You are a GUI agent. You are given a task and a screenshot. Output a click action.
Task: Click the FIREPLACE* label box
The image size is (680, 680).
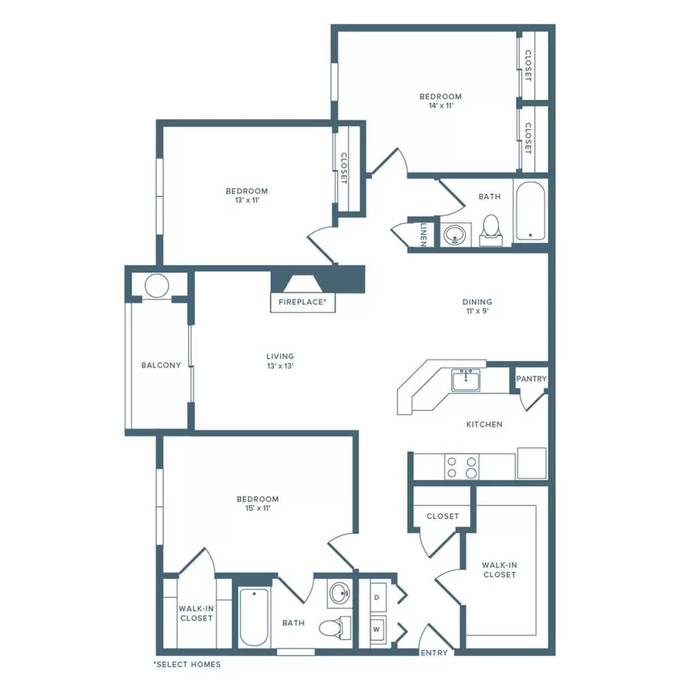pos(303,303)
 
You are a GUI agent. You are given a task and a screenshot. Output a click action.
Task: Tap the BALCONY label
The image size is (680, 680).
pos(161,365)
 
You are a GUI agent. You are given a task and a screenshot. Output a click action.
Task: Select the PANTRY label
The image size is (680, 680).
pos(531,379)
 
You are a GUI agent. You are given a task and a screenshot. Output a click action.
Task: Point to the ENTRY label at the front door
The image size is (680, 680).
pos(434,653)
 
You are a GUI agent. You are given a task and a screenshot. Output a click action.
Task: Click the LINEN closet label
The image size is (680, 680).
pos(424,235)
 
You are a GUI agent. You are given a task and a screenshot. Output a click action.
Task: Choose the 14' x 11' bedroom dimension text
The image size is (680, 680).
pos(441,105)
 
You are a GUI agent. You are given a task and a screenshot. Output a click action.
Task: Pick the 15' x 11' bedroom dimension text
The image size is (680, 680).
pos(258,508)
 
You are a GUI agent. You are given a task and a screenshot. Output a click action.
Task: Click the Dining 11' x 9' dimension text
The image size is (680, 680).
pos(477,311)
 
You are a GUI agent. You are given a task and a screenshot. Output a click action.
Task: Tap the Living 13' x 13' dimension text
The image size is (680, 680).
pos(281,366)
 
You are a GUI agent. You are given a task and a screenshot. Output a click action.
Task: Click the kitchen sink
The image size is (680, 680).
pos(466,380)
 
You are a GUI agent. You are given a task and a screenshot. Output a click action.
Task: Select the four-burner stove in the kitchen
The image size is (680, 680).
pos(462,467)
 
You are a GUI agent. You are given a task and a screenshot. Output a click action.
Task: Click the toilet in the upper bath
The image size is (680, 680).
pos(492,231)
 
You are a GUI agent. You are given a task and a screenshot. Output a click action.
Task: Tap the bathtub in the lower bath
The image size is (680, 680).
pos(254,617)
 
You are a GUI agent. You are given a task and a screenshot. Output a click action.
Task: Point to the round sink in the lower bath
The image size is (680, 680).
pos(341,592)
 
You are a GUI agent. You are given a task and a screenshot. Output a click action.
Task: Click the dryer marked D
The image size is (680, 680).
pos(377,597)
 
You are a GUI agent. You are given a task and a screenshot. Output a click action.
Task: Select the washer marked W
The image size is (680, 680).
pos(377,629)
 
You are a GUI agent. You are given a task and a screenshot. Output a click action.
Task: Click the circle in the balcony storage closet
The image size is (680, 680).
pos(156,286)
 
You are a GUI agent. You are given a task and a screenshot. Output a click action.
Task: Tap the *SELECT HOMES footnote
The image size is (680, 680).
pos(188,664)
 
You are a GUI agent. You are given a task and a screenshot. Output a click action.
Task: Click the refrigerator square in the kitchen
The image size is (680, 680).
pos(532,463)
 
